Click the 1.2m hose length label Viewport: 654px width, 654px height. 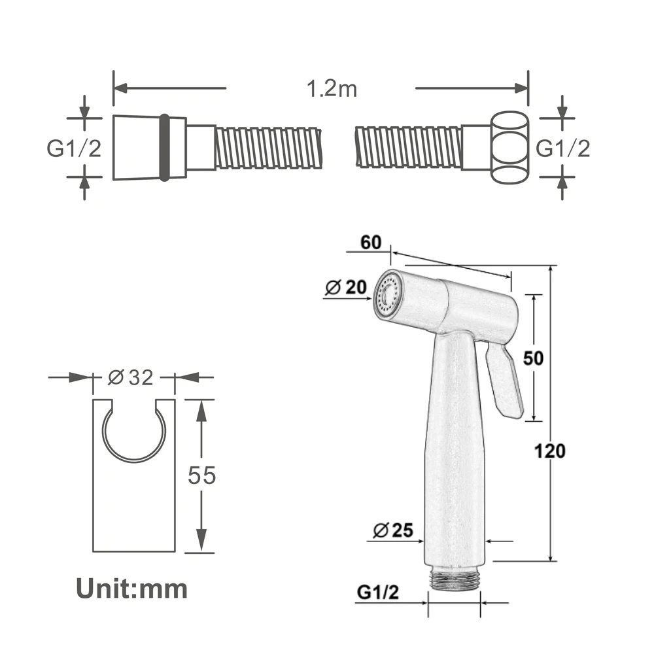tap(332, 89)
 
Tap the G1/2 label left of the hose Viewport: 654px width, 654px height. tap(74, 148)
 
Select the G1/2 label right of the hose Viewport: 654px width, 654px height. tap(562, 148)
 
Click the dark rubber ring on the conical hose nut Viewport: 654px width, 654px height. tap(165, 148)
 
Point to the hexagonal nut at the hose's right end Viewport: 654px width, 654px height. tap(509, 148)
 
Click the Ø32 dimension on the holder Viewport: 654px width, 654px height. tap(131, 377)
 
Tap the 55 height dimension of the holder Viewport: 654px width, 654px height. tap(202, 475)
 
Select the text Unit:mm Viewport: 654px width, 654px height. tap(132, 589)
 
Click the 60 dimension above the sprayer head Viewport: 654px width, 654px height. tap(371, 243)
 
